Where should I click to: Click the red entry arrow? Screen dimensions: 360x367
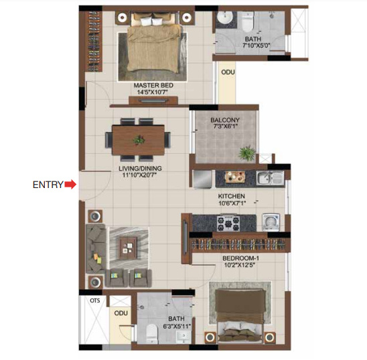click(x=70, y=185)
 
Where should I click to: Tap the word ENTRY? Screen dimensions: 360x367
click(x=48, y=185)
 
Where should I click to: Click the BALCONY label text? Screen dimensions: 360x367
click(x=224, y=120)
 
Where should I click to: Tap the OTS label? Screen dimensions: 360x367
click(x=94, y=301)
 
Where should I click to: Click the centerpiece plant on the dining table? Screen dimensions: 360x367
click(x=139, y=140)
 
